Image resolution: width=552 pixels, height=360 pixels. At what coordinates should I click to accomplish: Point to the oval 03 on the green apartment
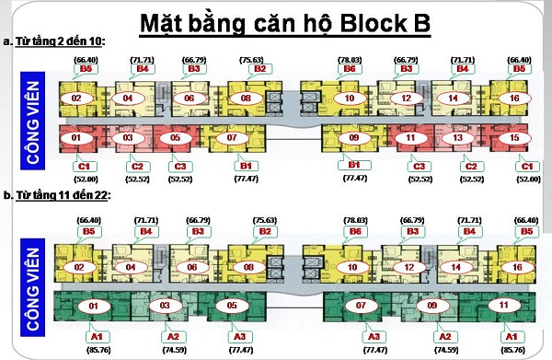coord(166,305)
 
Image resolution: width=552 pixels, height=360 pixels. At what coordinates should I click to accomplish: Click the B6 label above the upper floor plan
coord(349,68)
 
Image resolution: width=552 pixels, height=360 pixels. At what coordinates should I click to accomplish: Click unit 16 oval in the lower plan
coord(517,268)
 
